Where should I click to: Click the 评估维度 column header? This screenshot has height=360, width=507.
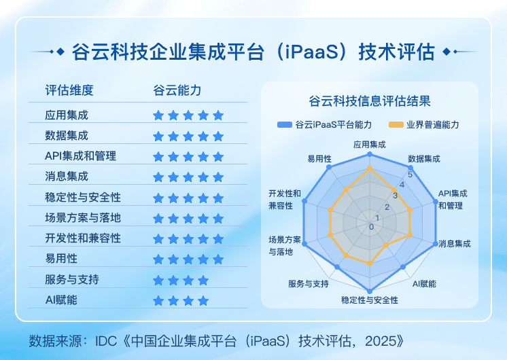tap(69, 90)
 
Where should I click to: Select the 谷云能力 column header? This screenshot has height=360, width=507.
tap(177, 90)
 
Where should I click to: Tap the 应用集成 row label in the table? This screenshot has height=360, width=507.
tap(67, 115)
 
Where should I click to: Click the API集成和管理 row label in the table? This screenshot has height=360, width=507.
tap(80, 156)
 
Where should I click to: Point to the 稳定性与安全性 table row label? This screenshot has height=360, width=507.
tap(83, 198)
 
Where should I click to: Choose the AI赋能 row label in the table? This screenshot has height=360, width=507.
tap(61, 300)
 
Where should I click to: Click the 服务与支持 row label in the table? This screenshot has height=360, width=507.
tap(72, 279)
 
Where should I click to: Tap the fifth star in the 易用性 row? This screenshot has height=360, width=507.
tap(218, 259)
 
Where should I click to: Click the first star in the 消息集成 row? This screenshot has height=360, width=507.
tap(158, 177)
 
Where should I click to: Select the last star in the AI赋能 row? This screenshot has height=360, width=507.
tap(203, 300)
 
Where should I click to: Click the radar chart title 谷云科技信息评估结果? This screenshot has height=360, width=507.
tap(369, 102)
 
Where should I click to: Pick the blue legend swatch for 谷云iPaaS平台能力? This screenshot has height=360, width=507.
tap(284, 125)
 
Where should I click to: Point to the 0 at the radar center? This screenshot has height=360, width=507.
tap(371, 226)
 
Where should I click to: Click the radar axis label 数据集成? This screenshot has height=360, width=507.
tap(424, 158)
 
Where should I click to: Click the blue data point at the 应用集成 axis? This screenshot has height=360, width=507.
tap(370, 154)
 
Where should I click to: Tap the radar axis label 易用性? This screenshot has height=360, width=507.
tap(319, 158)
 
